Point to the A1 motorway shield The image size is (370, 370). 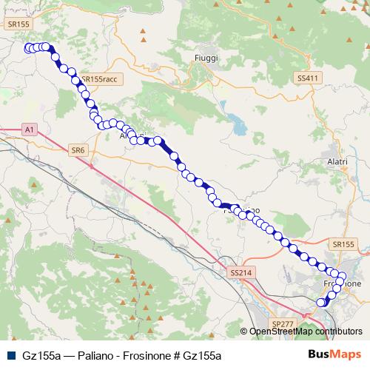(29, 129)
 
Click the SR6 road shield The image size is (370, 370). (78, 150)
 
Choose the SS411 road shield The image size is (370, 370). (306, 78)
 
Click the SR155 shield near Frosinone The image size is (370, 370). (344, 244)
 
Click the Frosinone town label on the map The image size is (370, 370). (343, 283)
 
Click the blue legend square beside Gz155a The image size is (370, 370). (10, 356)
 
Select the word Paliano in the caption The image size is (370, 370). (90, 356)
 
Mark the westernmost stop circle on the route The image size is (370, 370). (28, 49)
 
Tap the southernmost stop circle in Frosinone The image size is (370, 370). (321, 302)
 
